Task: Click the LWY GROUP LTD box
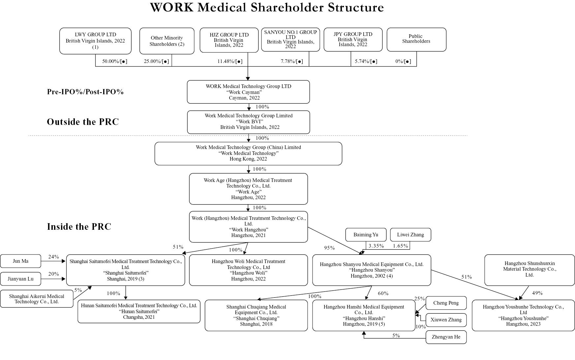click(x=95, y=41)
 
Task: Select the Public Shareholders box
click(x=416, y=39)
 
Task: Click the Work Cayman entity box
click(x=248, y=92)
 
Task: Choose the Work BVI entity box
click(x=248, y=122)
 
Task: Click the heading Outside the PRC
click(x=82, y=122)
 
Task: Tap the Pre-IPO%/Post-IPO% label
click(x=85, y=92)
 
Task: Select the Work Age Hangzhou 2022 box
click(x=248, y=189)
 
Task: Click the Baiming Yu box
click(x=366, y=235)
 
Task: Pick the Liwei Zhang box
click(x=410, y=235)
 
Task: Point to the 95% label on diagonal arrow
click(x=329, y=248)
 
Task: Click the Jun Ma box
click(x=21, y=261)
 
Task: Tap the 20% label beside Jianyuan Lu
click(x=53, y=274)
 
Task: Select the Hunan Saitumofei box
click(x=139, y=311)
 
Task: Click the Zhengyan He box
click(x=446, y=337)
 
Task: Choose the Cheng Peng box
click(x=446, y=303)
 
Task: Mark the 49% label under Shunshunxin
click(x=537, y=293)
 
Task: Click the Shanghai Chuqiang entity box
click(x=256, y=315)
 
